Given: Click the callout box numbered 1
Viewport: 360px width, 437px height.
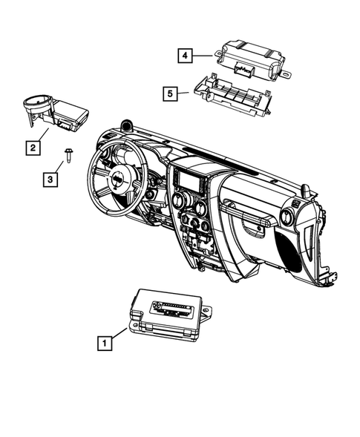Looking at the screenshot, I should coord(105,343).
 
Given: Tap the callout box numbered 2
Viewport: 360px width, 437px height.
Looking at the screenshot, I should coord(33,148).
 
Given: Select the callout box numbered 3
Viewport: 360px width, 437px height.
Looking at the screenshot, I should coord(49,179).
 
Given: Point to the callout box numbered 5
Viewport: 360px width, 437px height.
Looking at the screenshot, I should coord(171,93).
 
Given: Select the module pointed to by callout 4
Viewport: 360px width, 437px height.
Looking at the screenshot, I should coord(249,56).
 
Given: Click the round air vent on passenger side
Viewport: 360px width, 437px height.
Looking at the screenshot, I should coord(284,217).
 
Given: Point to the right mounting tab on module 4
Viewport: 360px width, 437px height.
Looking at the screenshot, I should coord(285,72).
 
